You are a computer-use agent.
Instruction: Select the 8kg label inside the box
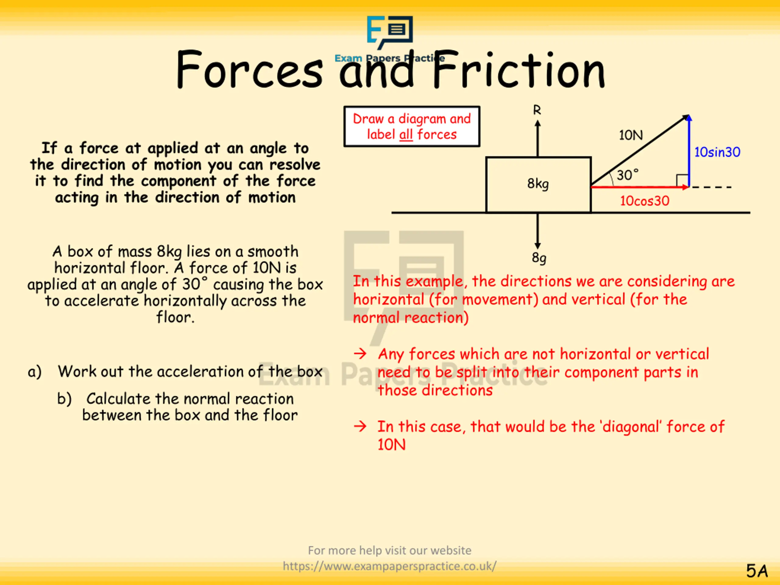click(538, 184)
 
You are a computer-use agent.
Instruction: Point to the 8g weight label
click(539, 258)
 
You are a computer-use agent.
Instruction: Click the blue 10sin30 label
click(717, 152)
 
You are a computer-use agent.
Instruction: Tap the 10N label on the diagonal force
click(631, 135)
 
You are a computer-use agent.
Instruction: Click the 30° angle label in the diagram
click(627, 175)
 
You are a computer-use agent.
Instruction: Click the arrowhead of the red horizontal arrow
click(686, 187)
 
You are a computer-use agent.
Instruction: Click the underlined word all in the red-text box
click(406, 135)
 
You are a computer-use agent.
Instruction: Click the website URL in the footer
click(390, 566)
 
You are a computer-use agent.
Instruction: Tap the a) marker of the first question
click(34, 372)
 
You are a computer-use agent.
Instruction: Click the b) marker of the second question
click(64, 399)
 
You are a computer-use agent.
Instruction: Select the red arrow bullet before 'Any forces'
click(360, 353)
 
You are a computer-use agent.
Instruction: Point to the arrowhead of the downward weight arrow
click(537, 246)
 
